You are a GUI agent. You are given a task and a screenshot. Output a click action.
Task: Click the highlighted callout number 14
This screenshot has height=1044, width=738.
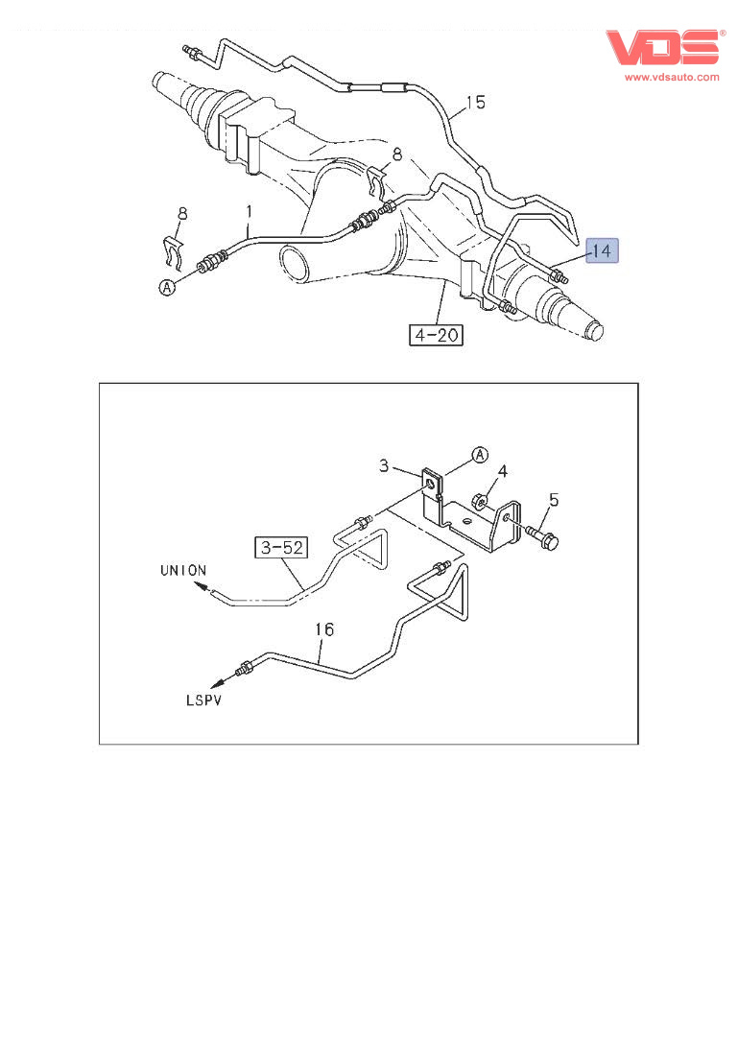602,250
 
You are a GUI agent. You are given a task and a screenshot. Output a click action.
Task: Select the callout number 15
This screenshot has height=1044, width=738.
476,103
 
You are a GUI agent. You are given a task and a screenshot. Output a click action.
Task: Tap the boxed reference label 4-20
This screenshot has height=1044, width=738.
436,334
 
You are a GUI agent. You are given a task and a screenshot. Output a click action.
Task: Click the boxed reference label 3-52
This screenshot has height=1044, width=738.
282,547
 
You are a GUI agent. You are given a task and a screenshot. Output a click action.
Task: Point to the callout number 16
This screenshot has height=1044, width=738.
324,629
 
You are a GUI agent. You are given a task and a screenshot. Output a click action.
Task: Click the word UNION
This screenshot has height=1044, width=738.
183,571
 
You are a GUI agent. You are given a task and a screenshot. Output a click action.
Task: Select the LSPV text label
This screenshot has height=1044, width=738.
203,700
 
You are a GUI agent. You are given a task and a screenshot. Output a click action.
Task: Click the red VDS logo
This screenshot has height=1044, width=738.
663,47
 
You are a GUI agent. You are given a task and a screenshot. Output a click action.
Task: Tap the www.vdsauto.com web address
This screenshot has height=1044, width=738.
672,77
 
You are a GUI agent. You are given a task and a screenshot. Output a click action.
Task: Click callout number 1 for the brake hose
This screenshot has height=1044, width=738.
250,212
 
